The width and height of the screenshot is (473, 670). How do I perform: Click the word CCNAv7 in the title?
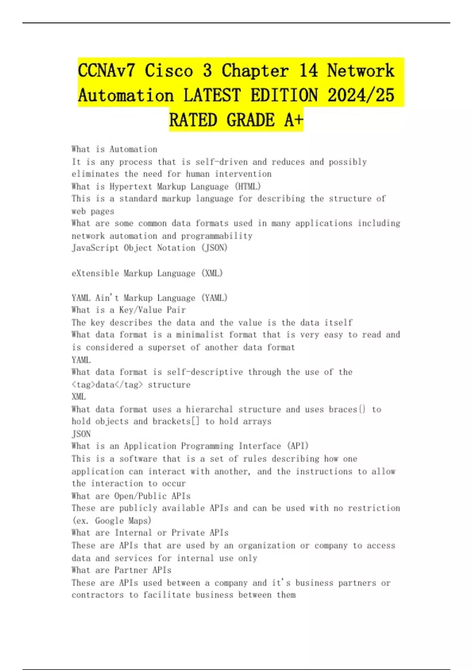coord(106,71)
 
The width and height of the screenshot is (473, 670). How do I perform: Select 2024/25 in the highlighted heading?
coord(361,95)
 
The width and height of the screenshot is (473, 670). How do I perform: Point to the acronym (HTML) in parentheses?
coord(248,186)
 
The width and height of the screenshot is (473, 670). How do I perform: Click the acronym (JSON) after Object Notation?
coord(214,248)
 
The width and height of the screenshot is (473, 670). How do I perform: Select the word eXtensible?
coord(95,273)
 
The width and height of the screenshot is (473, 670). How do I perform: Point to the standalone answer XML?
coord(79,396)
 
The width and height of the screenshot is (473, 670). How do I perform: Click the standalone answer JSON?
coord(81,434)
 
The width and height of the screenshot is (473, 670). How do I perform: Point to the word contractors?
coord(97,595)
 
